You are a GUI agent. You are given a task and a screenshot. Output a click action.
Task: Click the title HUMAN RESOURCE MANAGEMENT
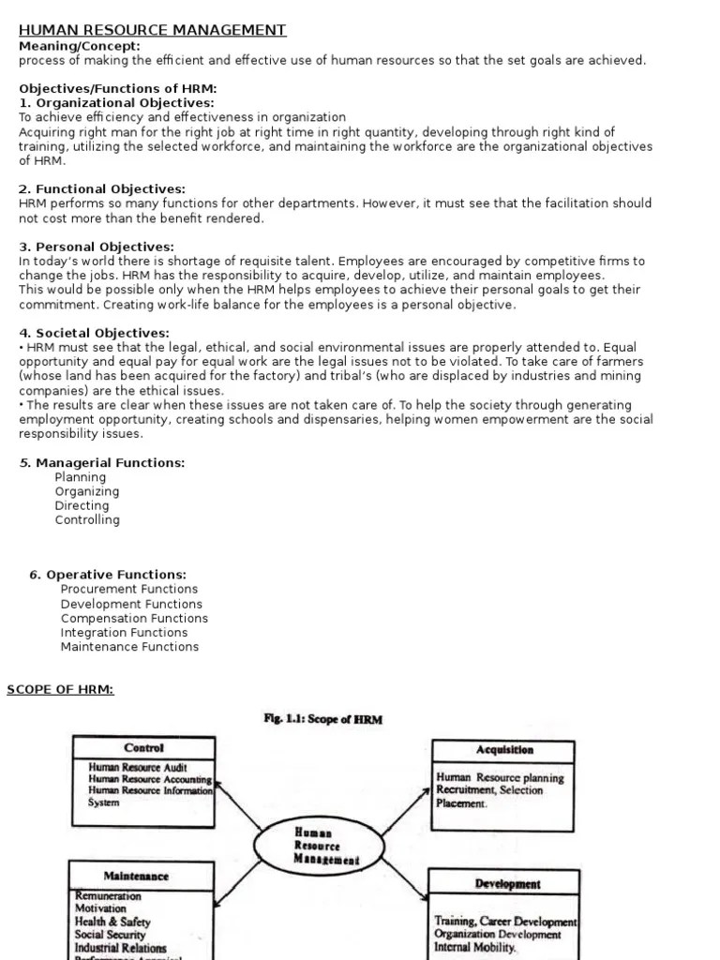pyautogui.click(x=153, y=31)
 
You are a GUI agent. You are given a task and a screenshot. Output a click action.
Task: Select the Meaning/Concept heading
pyautogui.click(x=80, y=46)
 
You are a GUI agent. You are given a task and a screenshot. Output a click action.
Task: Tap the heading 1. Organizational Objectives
pyautogui.click(x=116, y=102)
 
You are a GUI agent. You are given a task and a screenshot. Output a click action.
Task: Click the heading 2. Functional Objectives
pyautogui.click(x=102, y=188)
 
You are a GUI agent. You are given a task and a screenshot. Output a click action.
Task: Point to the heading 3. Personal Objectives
pyautogui.click(x=96, y=247)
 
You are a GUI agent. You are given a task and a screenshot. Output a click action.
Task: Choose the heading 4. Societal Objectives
pyautogui.click(x=94, y=333)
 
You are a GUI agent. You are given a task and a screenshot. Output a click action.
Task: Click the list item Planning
pyautogui.click(x=81, y=477)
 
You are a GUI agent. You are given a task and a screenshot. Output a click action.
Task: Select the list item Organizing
pyautogui.click(x=87, y=491)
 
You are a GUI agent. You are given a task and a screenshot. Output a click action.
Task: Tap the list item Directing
pyautogui.click(x=82, y=505)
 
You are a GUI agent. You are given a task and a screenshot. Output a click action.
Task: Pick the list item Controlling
pyautogui.click(x=87, y=519)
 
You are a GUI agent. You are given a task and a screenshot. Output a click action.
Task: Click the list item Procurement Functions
pyautogui.click(x=129, y=589)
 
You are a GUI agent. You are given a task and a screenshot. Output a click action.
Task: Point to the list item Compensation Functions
pyautogui.click(x=134, y=618)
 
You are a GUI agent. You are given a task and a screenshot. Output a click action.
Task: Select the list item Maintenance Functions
pyautogui.click(x=129, y=646)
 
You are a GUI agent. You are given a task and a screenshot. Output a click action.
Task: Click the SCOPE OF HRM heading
pyautogui.click(x=61, y=689)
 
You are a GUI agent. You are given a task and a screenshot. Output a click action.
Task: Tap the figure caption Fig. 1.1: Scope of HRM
pyautogui.click(x=323, y=720)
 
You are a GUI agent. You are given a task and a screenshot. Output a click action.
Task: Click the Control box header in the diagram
pyautogui.click(x=143, y=747)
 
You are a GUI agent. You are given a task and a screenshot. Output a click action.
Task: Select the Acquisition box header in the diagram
pyautogui.click(x=503, y=749)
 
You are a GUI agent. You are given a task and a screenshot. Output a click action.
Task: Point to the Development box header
pyautogui.click(x=506, y=883)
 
